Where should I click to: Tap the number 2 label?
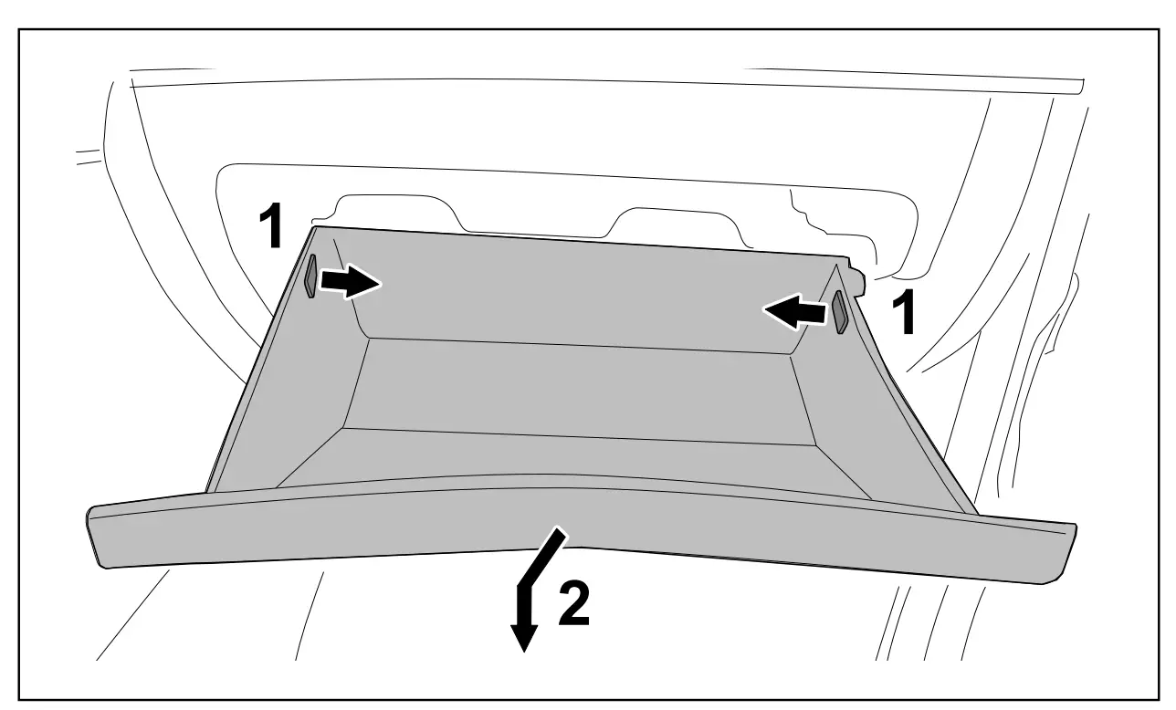[572, 604]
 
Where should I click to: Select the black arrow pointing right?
[351, 284]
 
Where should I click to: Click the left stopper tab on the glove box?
[310, 276]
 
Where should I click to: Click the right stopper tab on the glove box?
[838, 312]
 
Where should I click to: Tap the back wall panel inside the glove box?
[584, 292]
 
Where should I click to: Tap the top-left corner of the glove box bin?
[315, 228]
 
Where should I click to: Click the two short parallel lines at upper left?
[89, 156]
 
